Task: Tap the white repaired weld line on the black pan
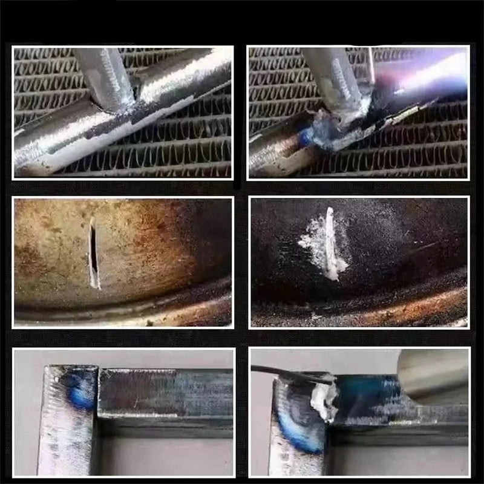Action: tap(330, 242)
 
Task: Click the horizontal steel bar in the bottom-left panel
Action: tap(163, 393)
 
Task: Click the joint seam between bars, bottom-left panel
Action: tap(99, 393)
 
